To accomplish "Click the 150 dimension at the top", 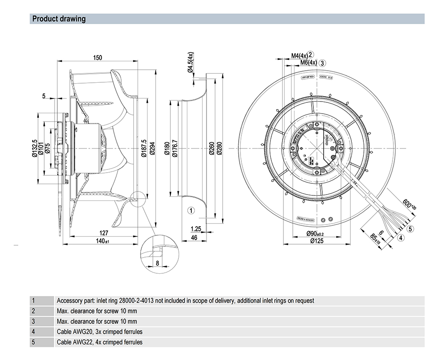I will [x=98, y=58].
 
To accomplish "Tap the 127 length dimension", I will [x=104, y=233].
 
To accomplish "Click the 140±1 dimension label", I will [x=104, y=241].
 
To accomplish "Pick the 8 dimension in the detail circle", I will [x=157, y=263].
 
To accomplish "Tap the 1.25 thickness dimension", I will [x=195, y=229].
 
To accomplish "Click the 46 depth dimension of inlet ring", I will [x=194, y=237].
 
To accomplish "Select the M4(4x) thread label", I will [x=299, y=56].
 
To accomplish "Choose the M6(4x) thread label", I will [x=308, y=63].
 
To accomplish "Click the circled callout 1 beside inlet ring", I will [x=190, y=210].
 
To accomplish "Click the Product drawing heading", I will [x=59, y=19].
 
